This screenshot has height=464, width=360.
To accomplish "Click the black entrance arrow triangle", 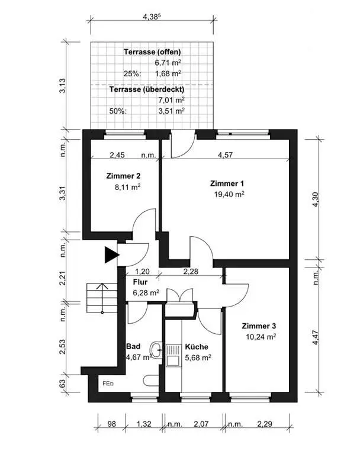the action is (x=111, y=254).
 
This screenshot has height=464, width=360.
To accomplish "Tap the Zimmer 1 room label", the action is (x=227, y=183).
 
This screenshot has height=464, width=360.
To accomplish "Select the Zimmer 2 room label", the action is (x=123, y=176).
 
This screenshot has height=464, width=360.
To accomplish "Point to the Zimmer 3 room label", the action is (x=259, y=326).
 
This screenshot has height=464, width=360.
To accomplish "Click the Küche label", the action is (x=197, y=347).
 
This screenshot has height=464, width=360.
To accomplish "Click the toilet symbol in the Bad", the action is (x=151, y=381).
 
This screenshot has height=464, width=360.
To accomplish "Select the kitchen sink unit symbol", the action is (x=173, y=355).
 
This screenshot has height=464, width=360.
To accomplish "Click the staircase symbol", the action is (x=102, y=298).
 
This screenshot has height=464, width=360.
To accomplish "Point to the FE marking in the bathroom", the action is (x=108, y=384).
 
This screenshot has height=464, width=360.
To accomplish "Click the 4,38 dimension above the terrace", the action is (x=152, y=17).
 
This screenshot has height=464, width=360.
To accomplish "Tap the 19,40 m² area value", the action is (x=229, y=194).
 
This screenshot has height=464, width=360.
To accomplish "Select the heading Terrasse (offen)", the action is (x=152, y=52).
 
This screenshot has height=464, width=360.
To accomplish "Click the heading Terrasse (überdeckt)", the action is (x=147, y=89).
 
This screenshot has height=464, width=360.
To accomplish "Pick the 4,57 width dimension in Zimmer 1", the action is (x=225, y=155).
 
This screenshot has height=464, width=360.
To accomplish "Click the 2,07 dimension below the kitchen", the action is (x=201, y=424).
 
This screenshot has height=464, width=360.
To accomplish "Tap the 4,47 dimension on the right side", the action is (x=316, y=337).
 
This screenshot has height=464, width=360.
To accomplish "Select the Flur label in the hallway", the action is (x=140, y=282).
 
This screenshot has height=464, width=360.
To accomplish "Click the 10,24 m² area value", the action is (x=261, y=337).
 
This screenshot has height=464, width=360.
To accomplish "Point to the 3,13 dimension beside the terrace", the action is (x=63, y=86).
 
